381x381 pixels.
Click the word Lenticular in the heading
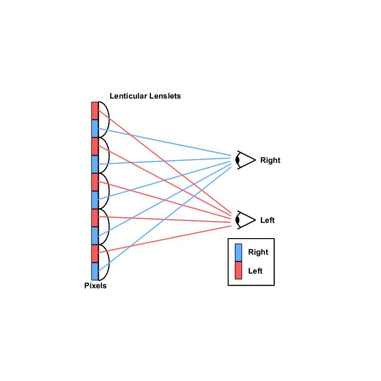pyautogui.click(x=128, y=96)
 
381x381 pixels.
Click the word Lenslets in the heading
pyautogui.click(x=165, y=96)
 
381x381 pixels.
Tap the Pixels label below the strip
pyautogui.click(x=95, y=285)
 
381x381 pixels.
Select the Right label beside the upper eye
pyautogui.click(x=270, y=160)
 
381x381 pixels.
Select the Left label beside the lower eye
pyautogui.click(x=267, y=220)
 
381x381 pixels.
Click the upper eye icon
pyautogui.click(x=245, y=160)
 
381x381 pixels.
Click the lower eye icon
pyautogui.click(x=245, y=220)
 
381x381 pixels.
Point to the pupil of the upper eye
pyautogui.click(x=238, y=160)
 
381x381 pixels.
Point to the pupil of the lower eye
pyautogui.click(x=238, y=220)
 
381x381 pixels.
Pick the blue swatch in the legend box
pyautogui.click(x=239, y=253)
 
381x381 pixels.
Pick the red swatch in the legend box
pyautogui.click(x=239, y=270)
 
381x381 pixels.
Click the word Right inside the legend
pyautogui.click(x=258, y=252)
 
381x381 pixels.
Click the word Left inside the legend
pyautogui.click(x=255, y=271)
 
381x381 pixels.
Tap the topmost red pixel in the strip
pyautogui.click(x=95, y=111)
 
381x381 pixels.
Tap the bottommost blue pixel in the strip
pyautogui.click(x=95, y=271)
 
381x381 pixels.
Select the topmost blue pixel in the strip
pyautogui.click(x=95, y=129)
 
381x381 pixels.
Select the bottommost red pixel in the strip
pyautogui.click(x=95, y=254)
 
